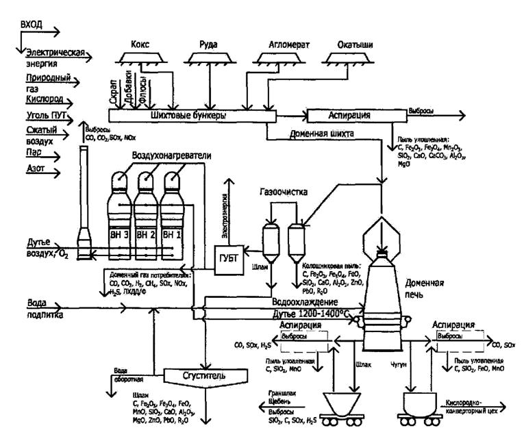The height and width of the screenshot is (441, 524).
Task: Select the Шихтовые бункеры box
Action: [192, 115]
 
